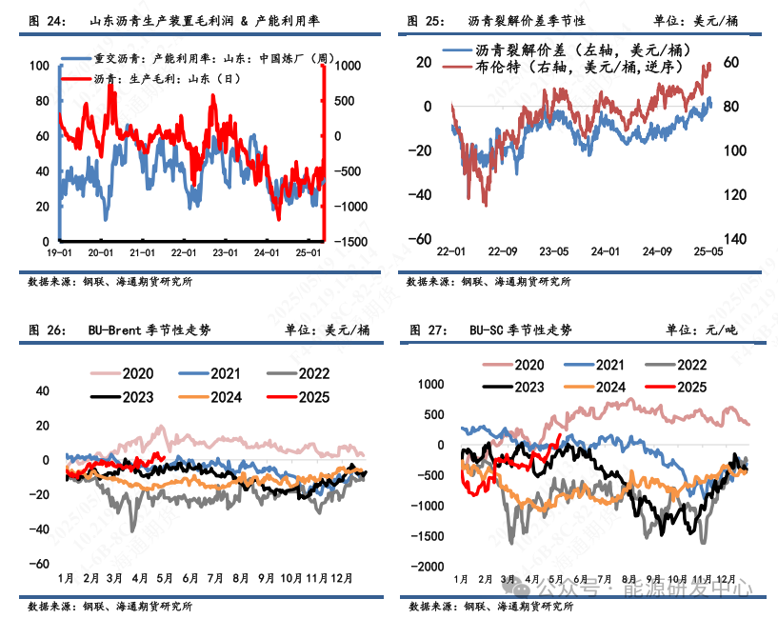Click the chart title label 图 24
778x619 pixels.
[47, 20]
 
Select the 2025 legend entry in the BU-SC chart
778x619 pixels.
[677, 387]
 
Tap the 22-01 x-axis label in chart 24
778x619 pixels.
[184, 254]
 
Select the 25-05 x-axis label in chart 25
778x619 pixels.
[708, 252]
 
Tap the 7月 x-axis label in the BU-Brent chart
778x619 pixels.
[216, 578]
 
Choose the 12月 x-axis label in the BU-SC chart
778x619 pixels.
[727, 578]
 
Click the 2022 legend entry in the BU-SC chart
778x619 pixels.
[677, 365]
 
